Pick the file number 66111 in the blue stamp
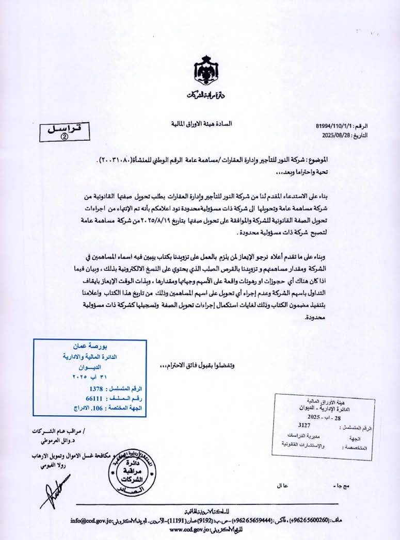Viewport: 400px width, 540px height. point(94,399)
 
